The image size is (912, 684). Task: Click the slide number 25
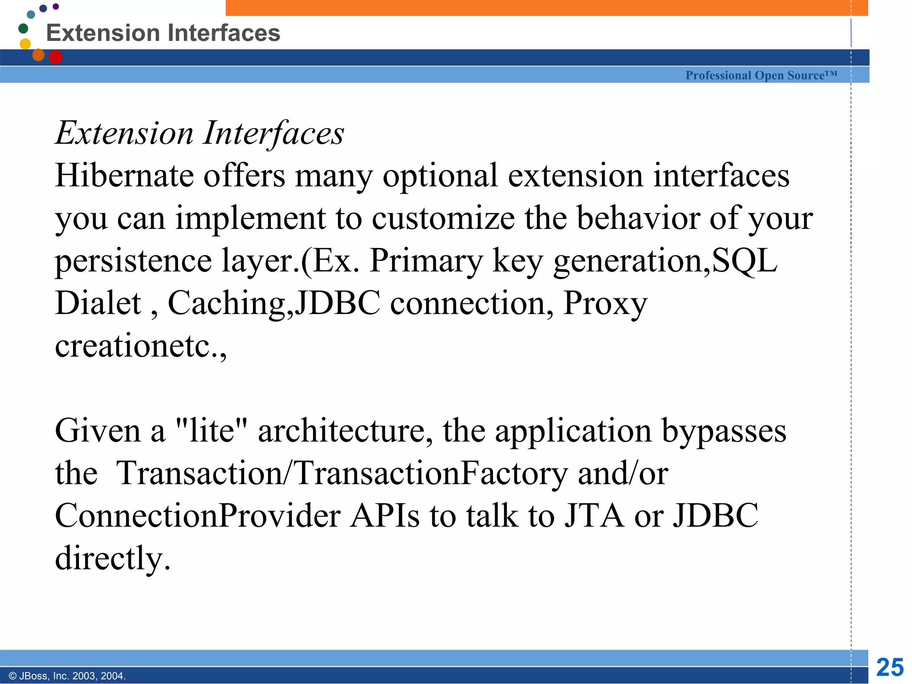tap(890, 668)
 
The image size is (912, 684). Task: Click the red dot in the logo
tap(55, 57)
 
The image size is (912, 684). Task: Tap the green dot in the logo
tap(23, 28)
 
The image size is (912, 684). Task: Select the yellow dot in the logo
tap(25, 44)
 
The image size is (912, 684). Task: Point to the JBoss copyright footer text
tap(67, 676)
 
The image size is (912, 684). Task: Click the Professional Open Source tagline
tap(761, 75)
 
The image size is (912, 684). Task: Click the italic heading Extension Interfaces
tap(199, 133)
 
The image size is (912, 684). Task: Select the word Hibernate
tap(124, 175)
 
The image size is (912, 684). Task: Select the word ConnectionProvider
tap(197, 516)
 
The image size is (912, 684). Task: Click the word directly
tap(112, 558)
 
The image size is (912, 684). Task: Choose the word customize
tap(443, 218)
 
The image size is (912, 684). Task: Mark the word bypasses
tap(724, 431)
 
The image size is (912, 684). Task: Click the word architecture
tap(345, 431)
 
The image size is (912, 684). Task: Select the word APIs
tap(385, 516)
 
